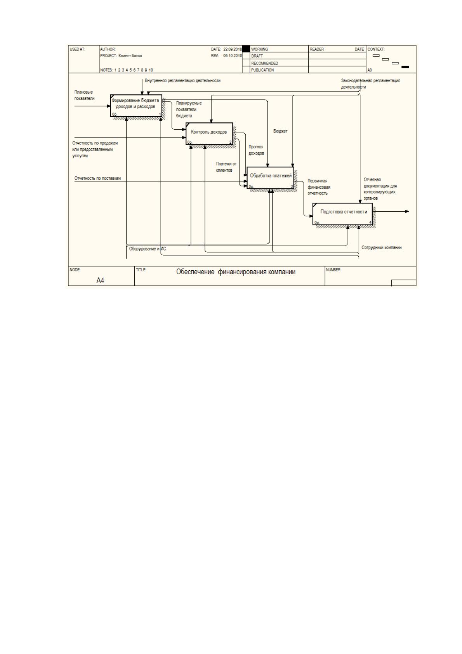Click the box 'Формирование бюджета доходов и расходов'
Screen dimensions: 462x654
pos(136,106)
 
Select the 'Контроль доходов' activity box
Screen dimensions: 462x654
pos(209,134)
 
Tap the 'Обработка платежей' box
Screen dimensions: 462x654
pos(270,178)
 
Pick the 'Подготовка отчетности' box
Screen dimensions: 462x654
pos(342,214)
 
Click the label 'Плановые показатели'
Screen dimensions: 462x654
pos(84,95)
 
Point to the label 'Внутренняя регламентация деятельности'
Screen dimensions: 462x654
pos(182,80)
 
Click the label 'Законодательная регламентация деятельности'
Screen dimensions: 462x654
pos(371,84)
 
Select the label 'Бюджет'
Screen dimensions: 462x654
pos(280,131)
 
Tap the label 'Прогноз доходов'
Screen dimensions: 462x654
pos(256,150)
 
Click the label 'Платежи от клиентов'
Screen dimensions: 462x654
pos(226,167)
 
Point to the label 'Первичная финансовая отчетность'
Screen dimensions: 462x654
pos(319,187)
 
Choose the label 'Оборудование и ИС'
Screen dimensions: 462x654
pos(148,249)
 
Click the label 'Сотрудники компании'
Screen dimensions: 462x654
pos(382,248)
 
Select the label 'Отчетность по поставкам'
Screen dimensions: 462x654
pos(97,178)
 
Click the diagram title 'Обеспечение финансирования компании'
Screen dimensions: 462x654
pos(236,272)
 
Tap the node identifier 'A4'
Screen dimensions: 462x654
pos(100,280)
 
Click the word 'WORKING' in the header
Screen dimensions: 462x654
pos(259,49)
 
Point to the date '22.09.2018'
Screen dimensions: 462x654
pos(233,49)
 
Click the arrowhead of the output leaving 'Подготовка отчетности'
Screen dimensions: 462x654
pos(407,211)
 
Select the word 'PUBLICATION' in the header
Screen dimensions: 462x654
pos(262,70)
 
